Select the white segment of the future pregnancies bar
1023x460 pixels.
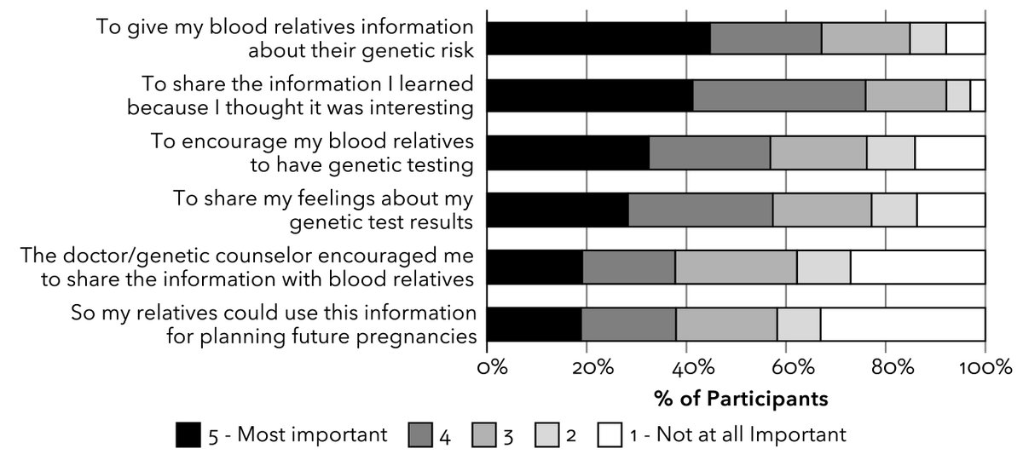(x=903, y=325)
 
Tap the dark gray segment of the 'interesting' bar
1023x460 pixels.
(x=779, y=95)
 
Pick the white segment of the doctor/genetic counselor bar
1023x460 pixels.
(x=917, y=267)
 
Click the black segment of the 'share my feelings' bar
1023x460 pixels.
(x=558, y=210)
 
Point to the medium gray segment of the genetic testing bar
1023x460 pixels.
(x=818, y=152)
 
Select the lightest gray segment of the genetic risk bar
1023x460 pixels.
(x=928, y=38)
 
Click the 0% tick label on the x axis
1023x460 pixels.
(x=493, y=368)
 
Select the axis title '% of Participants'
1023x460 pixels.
(x=740, y=398)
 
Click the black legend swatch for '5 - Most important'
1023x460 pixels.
(x=188, y=435)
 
